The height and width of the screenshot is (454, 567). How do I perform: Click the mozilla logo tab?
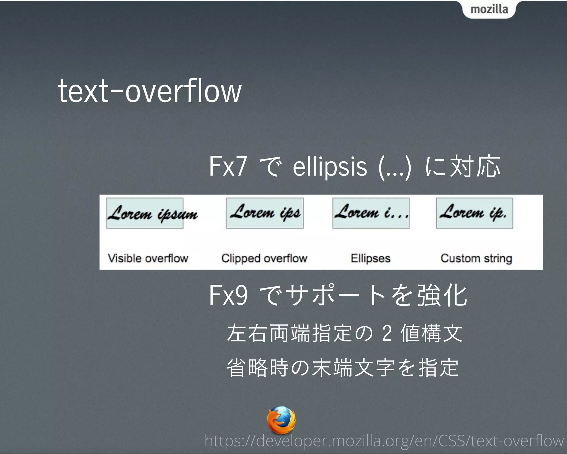(489, 9)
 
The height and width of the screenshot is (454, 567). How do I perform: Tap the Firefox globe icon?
(281, 420)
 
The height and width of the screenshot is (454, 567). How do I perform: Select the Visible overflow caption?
(148, 258)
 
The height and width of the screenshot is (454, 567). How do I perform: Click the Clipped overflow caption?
(264, 258)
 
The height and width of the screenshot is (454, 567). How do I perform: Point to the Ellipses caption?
(370, 258)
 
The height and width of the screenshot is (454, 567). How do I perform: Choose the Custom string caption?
(476, 258)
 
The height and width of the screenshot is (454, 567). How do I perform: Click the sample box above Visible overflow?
(145, 213)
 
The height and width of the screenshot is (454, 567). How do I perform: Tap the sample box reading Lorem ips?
(265, 213)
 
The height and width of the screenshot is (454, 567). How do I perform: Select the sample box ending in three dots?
(371, 213)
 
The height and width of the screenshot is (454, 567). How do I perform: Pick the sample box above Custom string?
(474, 213)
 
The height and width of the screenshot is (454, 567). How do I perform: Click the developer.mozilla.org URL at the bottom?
(384, 441)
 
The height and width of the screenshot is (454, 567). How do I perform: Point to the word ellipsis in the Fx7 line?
(330, 167)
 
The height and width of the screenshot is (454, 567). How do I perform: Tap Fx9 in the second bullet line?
(228, 295)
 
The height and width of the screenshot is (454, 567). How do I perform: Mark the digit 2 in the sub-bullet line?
(387, 333)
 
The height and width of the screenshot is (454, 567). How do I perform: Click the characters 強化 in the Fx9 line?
(442, 295)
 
